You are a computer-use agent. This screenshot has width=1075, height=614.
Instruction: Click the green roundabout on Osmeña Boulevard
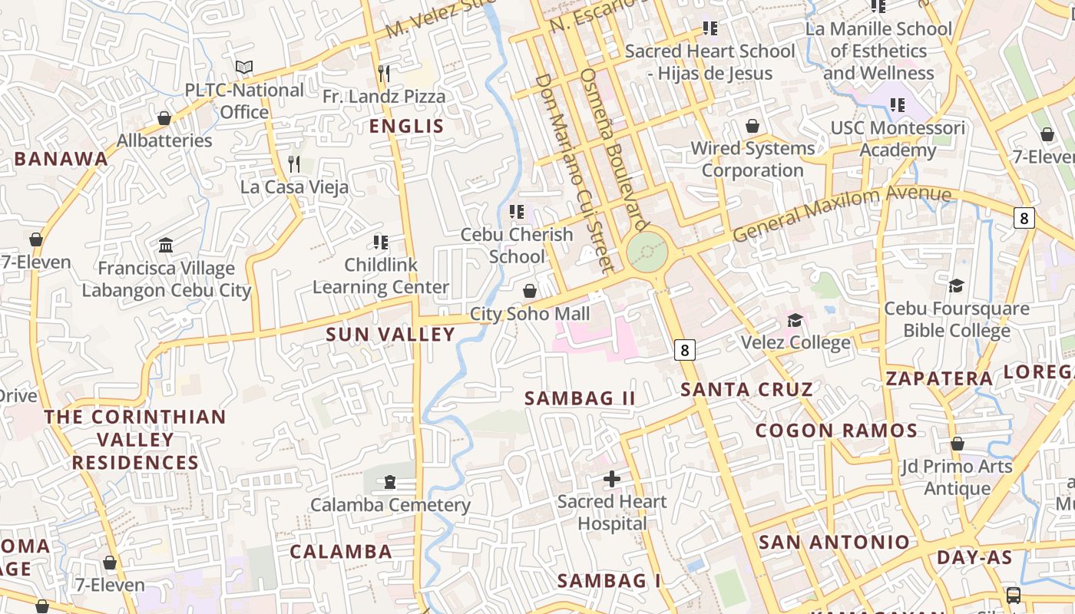(647, 252)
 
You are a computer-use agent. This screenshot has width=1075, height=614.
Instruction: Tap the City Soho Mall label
(530, 314)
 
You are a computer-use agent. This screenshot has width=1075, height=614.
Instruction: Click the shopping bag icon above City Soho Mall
(530, 291)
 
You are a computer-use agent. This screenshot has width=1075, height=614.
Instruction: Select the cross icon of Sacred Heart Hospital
(612, 480)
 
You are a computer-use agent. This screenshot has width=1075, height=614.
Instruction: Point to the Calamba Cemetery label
(390, 505)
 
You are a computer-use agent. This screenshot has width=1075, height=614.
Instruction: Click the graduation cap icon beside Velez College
(795, 320)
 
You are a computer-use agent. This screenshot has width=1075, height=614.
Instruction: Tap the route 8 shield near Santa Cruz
(685, 351)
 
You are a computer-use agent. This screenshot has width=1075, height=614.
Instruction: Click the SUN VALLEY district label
(390, 335)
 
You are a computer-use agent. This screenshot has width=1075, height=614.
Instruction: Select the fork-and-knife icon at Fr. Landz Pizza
(384, 74)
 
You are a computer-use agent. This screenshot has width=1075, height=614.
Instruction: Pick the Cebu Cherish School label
(517, 245)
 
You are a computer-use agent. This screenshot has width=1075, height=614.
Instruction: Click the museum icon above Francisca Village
(166, 246)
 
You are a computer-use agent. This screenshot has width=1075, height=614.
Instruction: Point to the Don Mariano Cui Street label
(574, 173)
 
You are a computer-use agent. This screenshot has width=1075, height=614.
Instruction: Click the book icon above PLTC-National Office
(244, 68)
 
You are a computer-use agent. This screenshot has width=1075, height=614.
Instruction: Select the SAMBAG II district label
(580, 398)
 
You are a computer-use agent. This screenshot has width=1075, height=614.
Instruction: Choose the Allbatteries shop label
(164, 140)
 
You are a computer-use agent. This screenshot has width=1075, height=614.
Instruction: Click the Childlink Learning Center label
(381, 276)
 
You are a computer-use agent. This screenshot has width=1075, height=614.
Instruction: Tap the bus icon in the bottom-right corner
(1014, 595)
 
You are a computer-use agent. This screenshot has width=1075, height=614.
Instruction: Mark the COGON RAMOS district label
(836, 431)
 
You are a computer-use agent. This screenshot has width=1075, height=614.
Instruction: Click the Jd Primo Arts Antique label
(957, 477)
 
